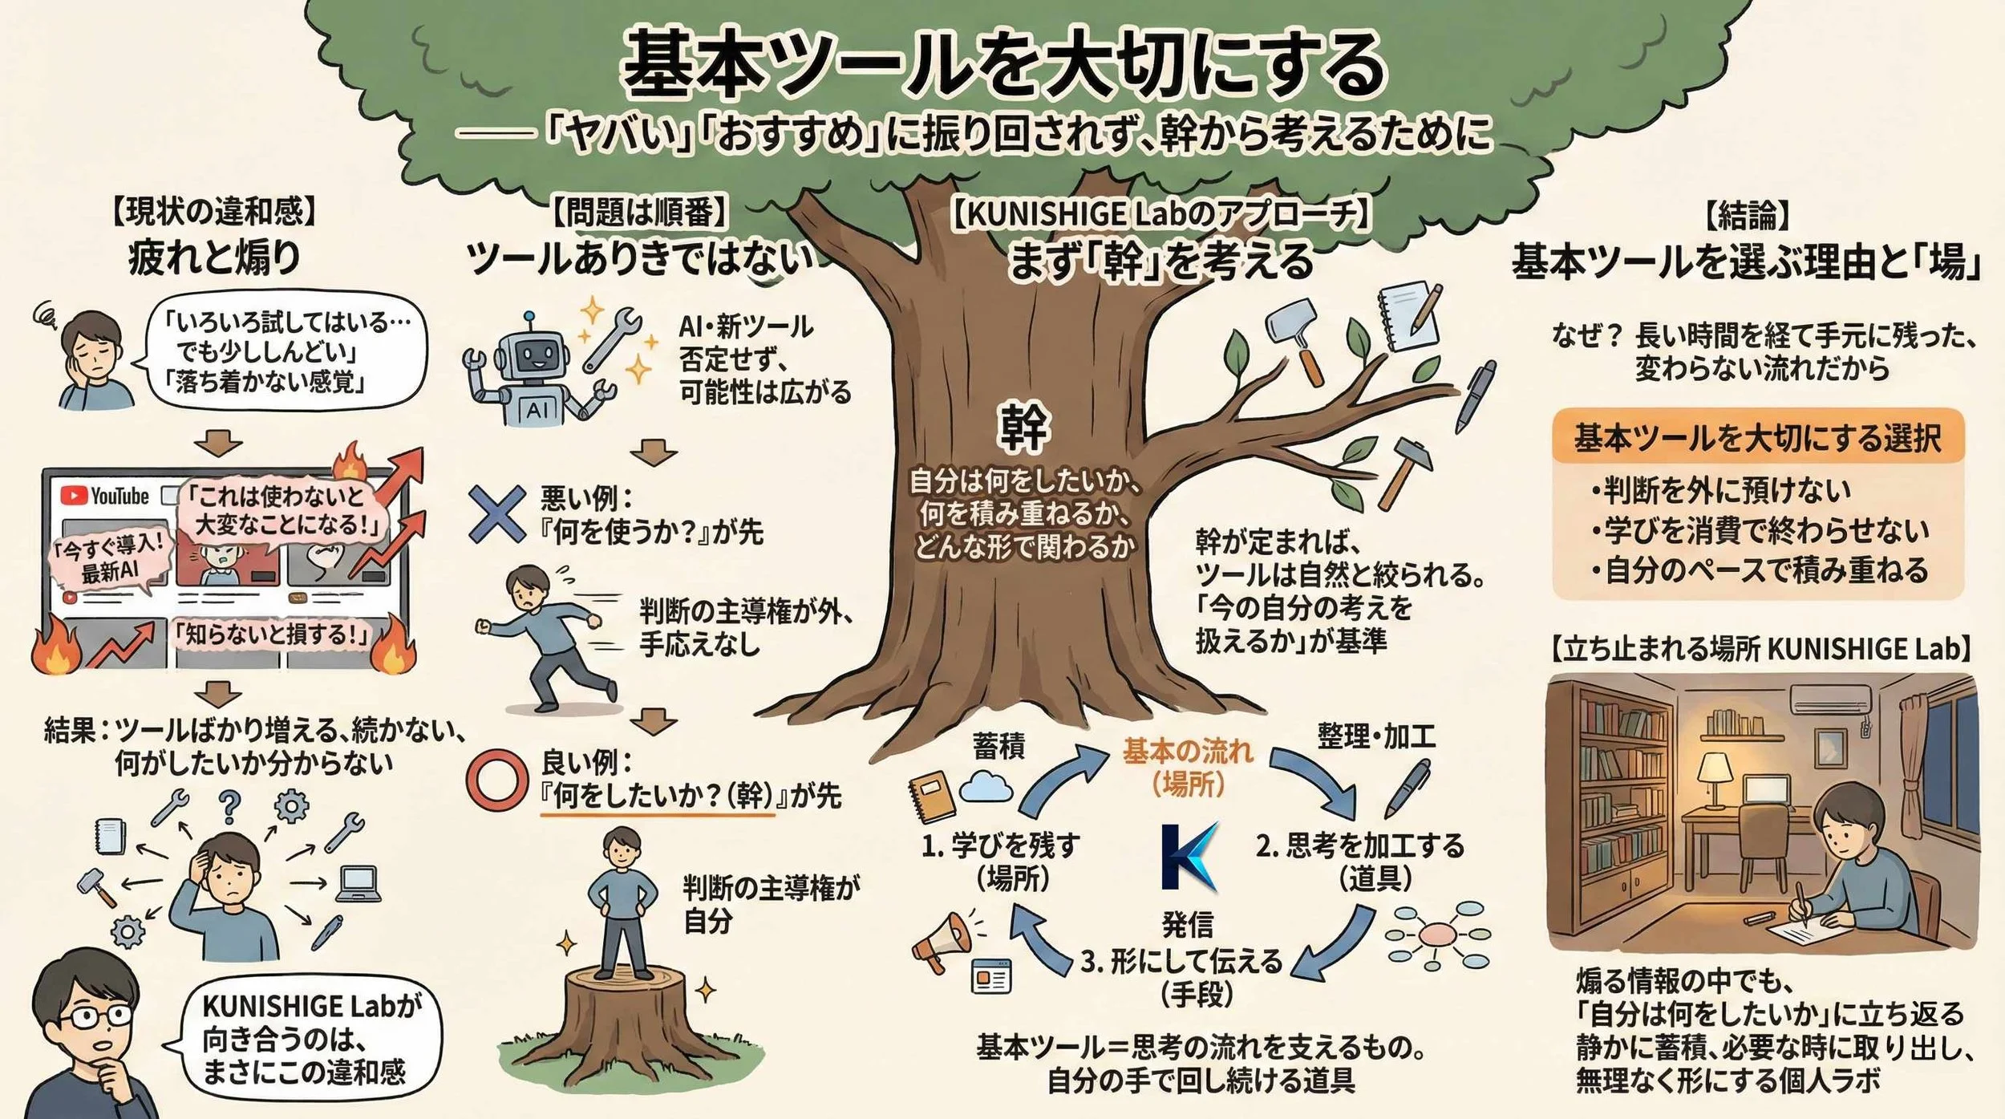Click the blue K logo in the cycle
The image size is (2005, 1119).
click(x=1189, y=857)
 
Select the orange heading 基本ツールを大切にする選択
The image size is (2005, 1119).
click(x=1757, y=438)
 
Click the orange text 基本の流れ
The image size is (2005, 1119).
click(x=1187, y=751)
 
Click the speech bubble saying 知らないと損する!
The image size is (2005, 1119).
click(x=273, y=635)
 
